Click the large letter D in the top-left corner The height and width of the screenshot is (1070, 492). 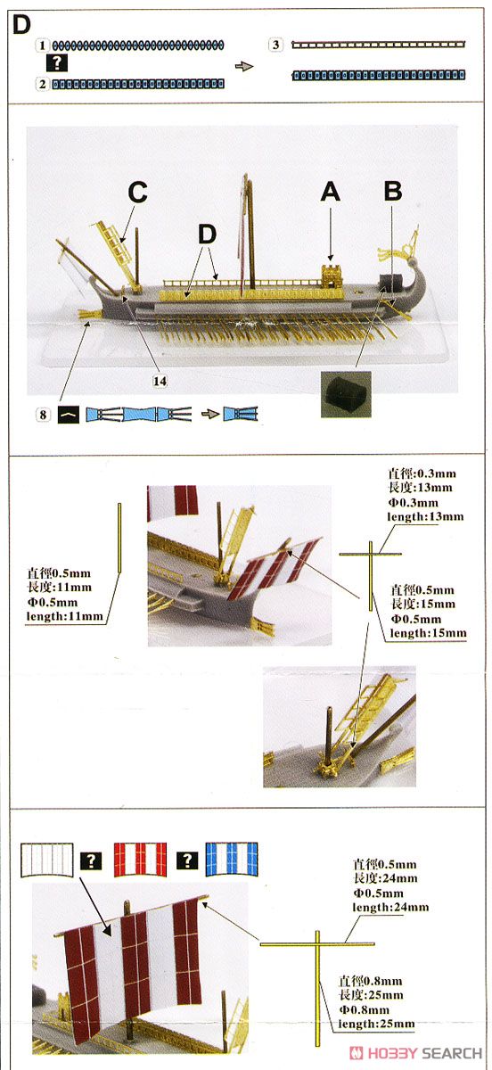(x=21, y=25)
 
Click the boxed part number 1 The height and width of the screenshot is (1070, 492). (x=43, y=45)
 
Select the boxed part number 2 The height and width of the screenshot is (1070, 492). (x=43, y=84)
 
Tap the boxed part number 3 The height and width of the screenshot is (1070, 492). (x=275, y=45)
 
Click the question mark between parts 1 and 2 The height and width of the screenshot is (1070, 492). (x=57, y=63)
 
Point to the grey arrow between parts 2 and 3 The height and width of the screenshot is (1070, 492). (x=244, y=66)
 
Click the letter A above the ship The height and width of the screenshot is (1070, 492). (x=330, y=193)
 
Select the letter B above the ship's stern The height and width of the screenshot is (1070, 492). (x=393, y=192)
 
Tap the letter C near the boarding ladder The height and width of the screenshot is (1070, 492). (x=137, y=193)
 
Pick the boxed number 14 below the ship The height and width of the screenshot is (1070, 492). (x=160, y=381)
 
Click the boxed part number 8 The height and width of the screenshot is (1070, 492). (x=43, y=414)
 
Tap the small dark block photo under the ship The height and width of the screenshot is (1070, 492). (x=346, y=394)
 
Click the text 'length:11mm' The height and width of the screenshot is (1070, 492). (x=64, y=616)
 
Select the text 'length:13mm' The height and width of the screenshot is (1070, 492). (x=425, y=516)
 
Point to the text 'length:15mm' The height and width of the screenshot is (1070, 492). (x=428, y=633)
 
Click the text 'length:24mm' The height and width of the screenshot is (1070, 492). (x=390, y=907)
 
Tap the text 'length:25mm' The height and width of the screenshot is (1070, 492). (x=376, y=1024)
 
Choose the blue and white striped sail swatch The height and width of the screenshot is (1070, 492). (x=232, y=860)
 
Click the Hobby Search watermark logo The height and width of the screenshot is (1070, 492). (x=415, y=1053)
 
